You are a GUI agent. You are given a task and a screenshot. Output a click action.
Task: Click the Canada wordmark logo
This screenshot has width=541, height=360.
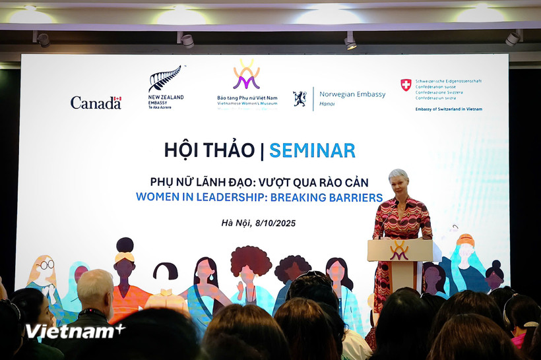[x=96, y=102]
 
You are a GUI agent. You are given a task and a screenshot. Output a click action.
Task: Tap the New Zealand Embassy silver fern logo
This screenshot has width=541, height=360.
[x=165, y=79]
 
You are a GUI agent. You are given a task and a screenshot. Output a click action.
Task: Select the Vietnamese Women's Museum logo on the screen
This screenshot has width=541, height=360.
[x=247, y=75]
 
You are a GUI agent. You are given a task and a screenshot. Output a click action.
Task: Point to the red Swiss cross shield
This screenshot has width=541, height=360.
[x=406, y=85]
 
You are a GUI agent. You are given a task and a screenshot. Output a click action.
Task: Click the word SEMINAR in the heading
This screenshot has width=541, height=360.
[x=312, y=150]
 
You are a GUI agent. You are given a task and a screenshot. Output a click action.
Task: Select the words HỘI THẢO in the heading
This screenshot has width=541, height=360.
[x=209, y=150]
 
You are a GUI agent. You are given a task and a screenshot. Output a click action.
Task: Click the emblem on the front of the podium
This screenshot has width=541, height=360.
[x=399, y=251]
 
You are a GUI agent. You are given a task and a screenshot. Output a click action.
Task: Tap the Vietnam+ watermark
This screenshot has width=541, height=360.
[x=75, y=331]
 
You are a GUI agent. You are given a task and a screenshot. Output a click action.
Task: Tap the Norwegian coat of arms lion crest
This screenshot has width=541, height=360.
[x=300, y=99]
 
